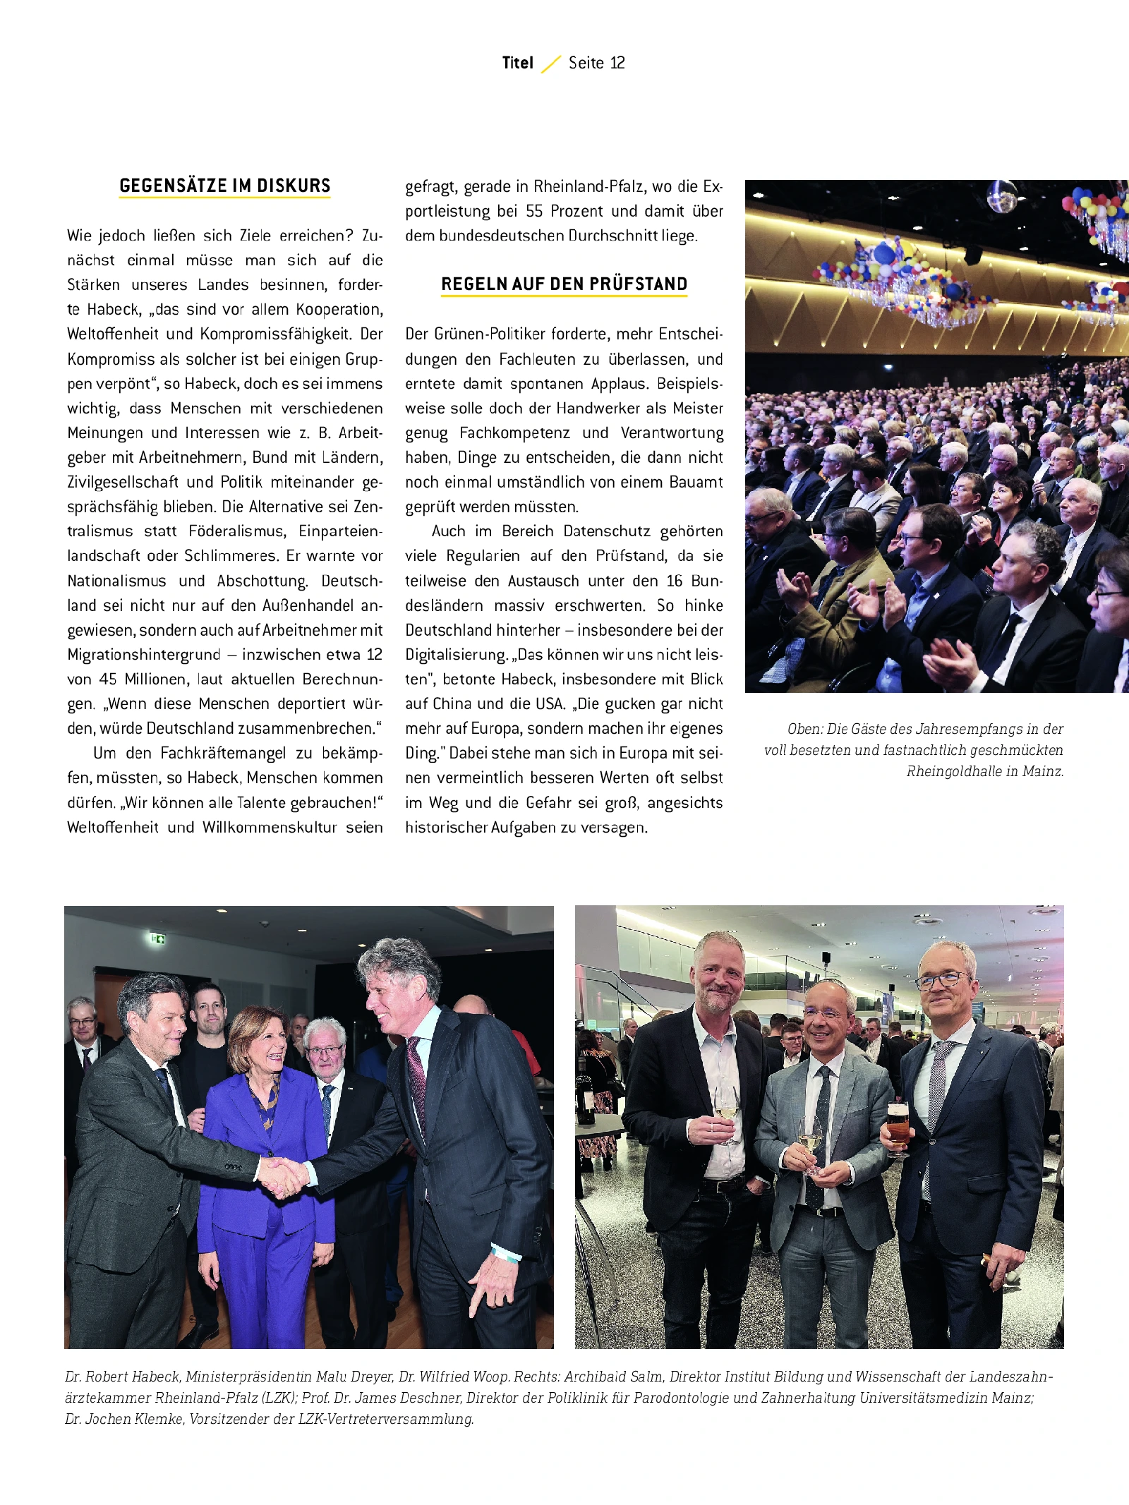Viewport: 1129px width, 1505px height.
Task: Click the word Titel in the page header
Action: pos(517,63)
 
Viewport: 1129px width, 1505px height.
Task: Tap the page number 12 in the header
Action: pos(617,63)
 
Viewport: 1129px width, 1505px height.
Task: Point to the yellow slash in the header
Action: pos(551,64)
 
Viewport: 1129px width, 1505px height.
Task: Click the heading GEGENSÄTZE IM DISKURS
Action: pos(224,186)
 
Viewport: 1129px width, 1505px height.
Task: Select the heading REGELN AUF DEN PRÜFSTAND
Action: pos(564,284)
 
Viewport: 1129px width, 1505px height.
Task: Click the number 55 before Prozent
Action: pos(534,211)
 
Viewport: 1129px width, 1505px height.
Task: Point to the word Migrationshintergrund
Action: pos(144,655)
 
